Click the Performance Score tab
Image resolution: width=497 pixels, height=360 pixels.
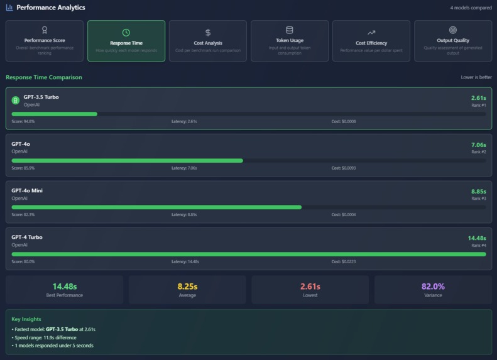tap(45, 41)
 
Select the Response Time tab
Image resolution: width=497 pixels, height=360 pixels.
tap(126, 41)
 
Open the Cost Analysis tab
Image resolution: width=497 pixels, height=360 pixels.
tap(208, 41)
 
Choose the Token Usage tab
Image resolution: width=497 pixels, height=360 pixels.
tap(290, 41)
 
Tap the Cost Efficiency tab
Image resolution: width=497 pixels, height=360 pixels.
tap(371, 41)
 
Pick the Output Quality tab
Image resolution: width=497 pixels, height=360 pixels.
tap(453, 41)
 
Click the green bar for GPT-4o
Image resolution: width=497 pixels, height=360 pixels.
tap(127, 161)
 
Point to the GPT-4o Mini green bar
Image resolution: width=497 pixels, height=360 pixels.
tap(156, 207)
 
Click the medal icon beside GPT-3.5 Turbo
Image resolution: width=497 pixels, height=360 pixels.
tap(16, 100)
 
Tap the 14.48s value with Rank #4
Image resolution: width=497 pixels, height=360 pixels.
tap(476, 237)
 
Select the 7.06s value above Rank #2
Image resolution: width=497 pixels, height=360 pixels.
tap(479, 145)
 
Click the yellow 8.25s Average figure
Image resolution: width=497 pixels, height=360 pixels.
tap(187, 286)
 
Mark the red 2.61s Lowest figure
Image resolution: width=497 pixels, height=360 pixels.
tap(310, 286)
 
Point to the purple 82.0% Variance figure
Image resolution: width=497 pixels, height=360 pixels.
tap(433, 286)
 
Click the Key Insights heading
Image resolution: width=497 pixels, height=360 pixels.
tap(26, 319)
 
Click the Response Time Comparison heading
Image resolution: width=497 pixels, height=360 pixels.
tap(44, 77)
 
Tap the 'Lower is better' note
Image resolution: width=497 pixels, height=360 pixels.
tap(476, 78)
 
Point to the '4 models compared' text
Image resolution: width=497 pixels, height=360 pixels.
tap(471, 8)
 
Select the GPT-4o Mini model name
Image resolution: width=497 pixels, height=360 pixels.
tap(27, 190)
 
